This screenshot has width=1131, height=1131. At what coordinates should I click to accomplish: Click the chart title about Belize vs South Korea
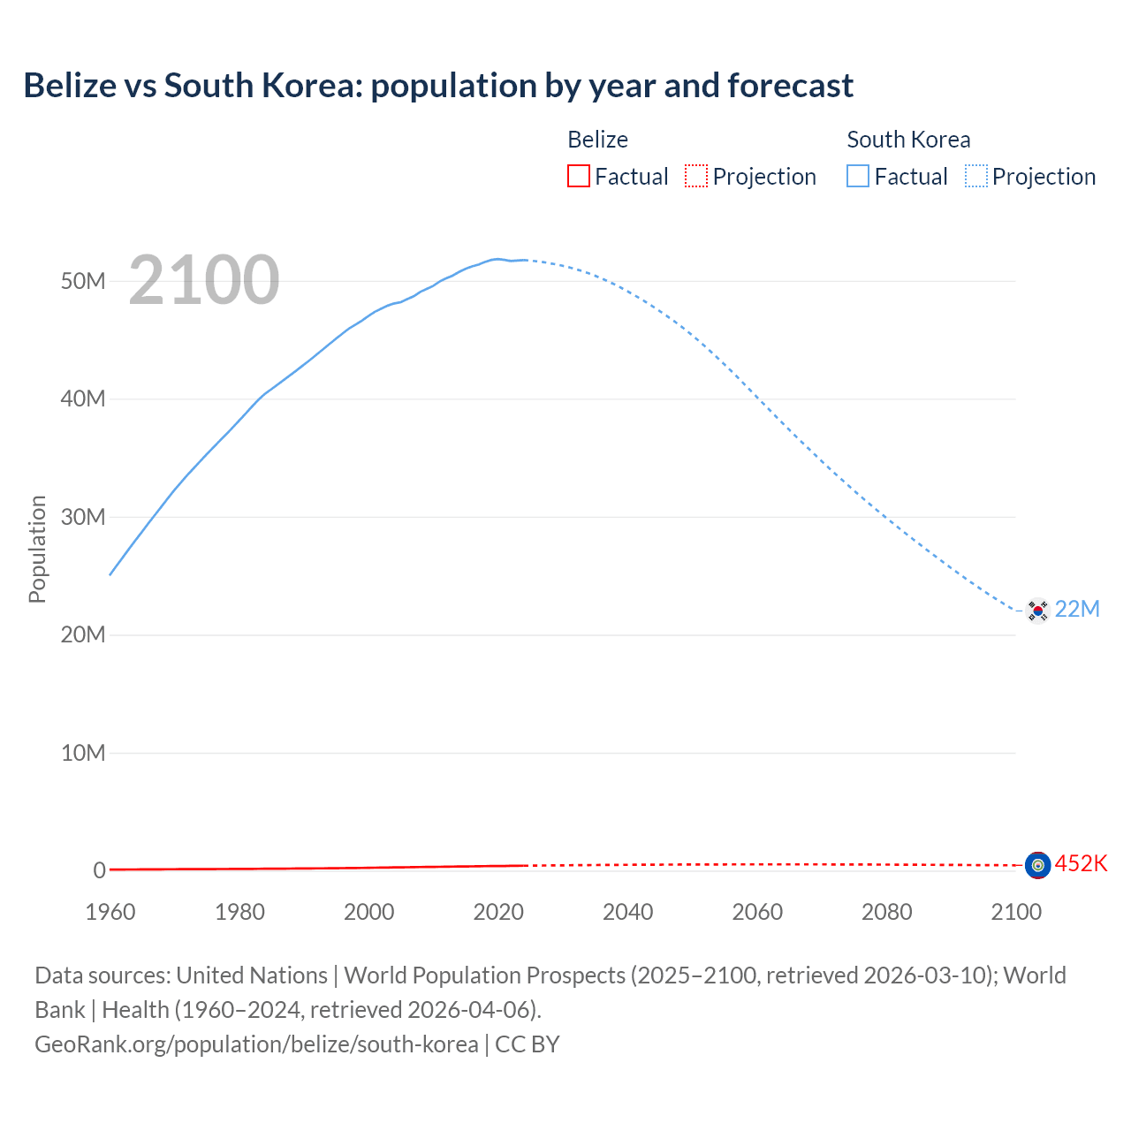click(x=438, y=86)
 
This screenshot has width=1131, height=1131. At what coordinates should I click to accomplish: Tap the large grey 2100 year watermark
click(x=204, y=280)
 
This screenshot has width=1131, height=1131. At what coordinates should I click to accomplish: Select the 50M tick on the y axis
click(x=83, y=281)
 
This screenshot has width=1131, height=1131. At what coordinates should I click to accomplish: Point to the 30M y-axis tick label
click(x=83, y=517)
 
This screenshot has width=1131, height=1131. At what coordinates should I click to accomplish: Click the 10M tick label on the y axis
click(x=83, y=753)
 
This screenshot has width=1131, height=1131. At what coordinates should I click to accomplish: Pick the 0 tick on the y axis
click(x=99, y=870)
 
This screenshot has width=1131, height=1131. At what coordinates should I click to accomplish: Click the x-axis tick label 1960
click(x=110, y=912)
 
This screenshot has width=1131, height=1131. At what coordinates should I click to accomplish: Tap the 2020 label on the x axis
click(x=498, y=912)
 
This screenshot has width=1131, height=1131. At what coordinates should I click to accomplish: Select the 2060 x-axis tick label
click(x=757, y=912)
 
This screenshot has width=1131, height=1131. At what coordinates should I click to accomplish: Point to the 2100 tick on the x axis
click(x=1016, y=912)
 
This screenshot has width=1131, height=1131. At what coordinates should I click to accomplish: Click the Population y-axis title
click(x=37, y=549)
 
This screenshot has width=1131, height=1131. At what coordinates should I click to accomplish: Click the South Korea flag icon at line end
click(x=1037, y=610)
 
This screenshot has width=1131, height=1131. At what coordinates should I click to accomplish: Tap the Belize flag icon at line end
click(x=1037, y=865)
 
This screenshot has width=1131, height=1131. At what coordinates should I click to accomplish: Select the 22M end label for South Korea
click(x=1077, y=610)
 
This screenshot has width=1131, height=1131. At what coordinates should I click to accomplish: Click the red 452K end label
click(x=1081, y=863)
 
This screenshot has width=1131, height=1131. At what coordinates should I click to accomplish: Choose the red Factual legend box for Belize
click(x=579, y=177)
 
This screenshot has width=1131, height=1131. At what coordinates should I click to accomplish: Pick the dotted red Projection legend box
click(x=696, y=177)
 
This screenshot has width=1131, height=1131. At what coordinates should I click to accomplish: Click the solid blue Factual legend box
click(x=858, y=177)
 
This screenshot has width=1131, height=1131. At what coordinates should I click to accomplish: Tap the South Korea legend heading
click(x=908, y=140)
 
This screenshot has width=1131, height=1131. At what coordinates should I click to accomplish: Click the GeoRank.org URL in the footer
click(x=256, y=1044)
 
